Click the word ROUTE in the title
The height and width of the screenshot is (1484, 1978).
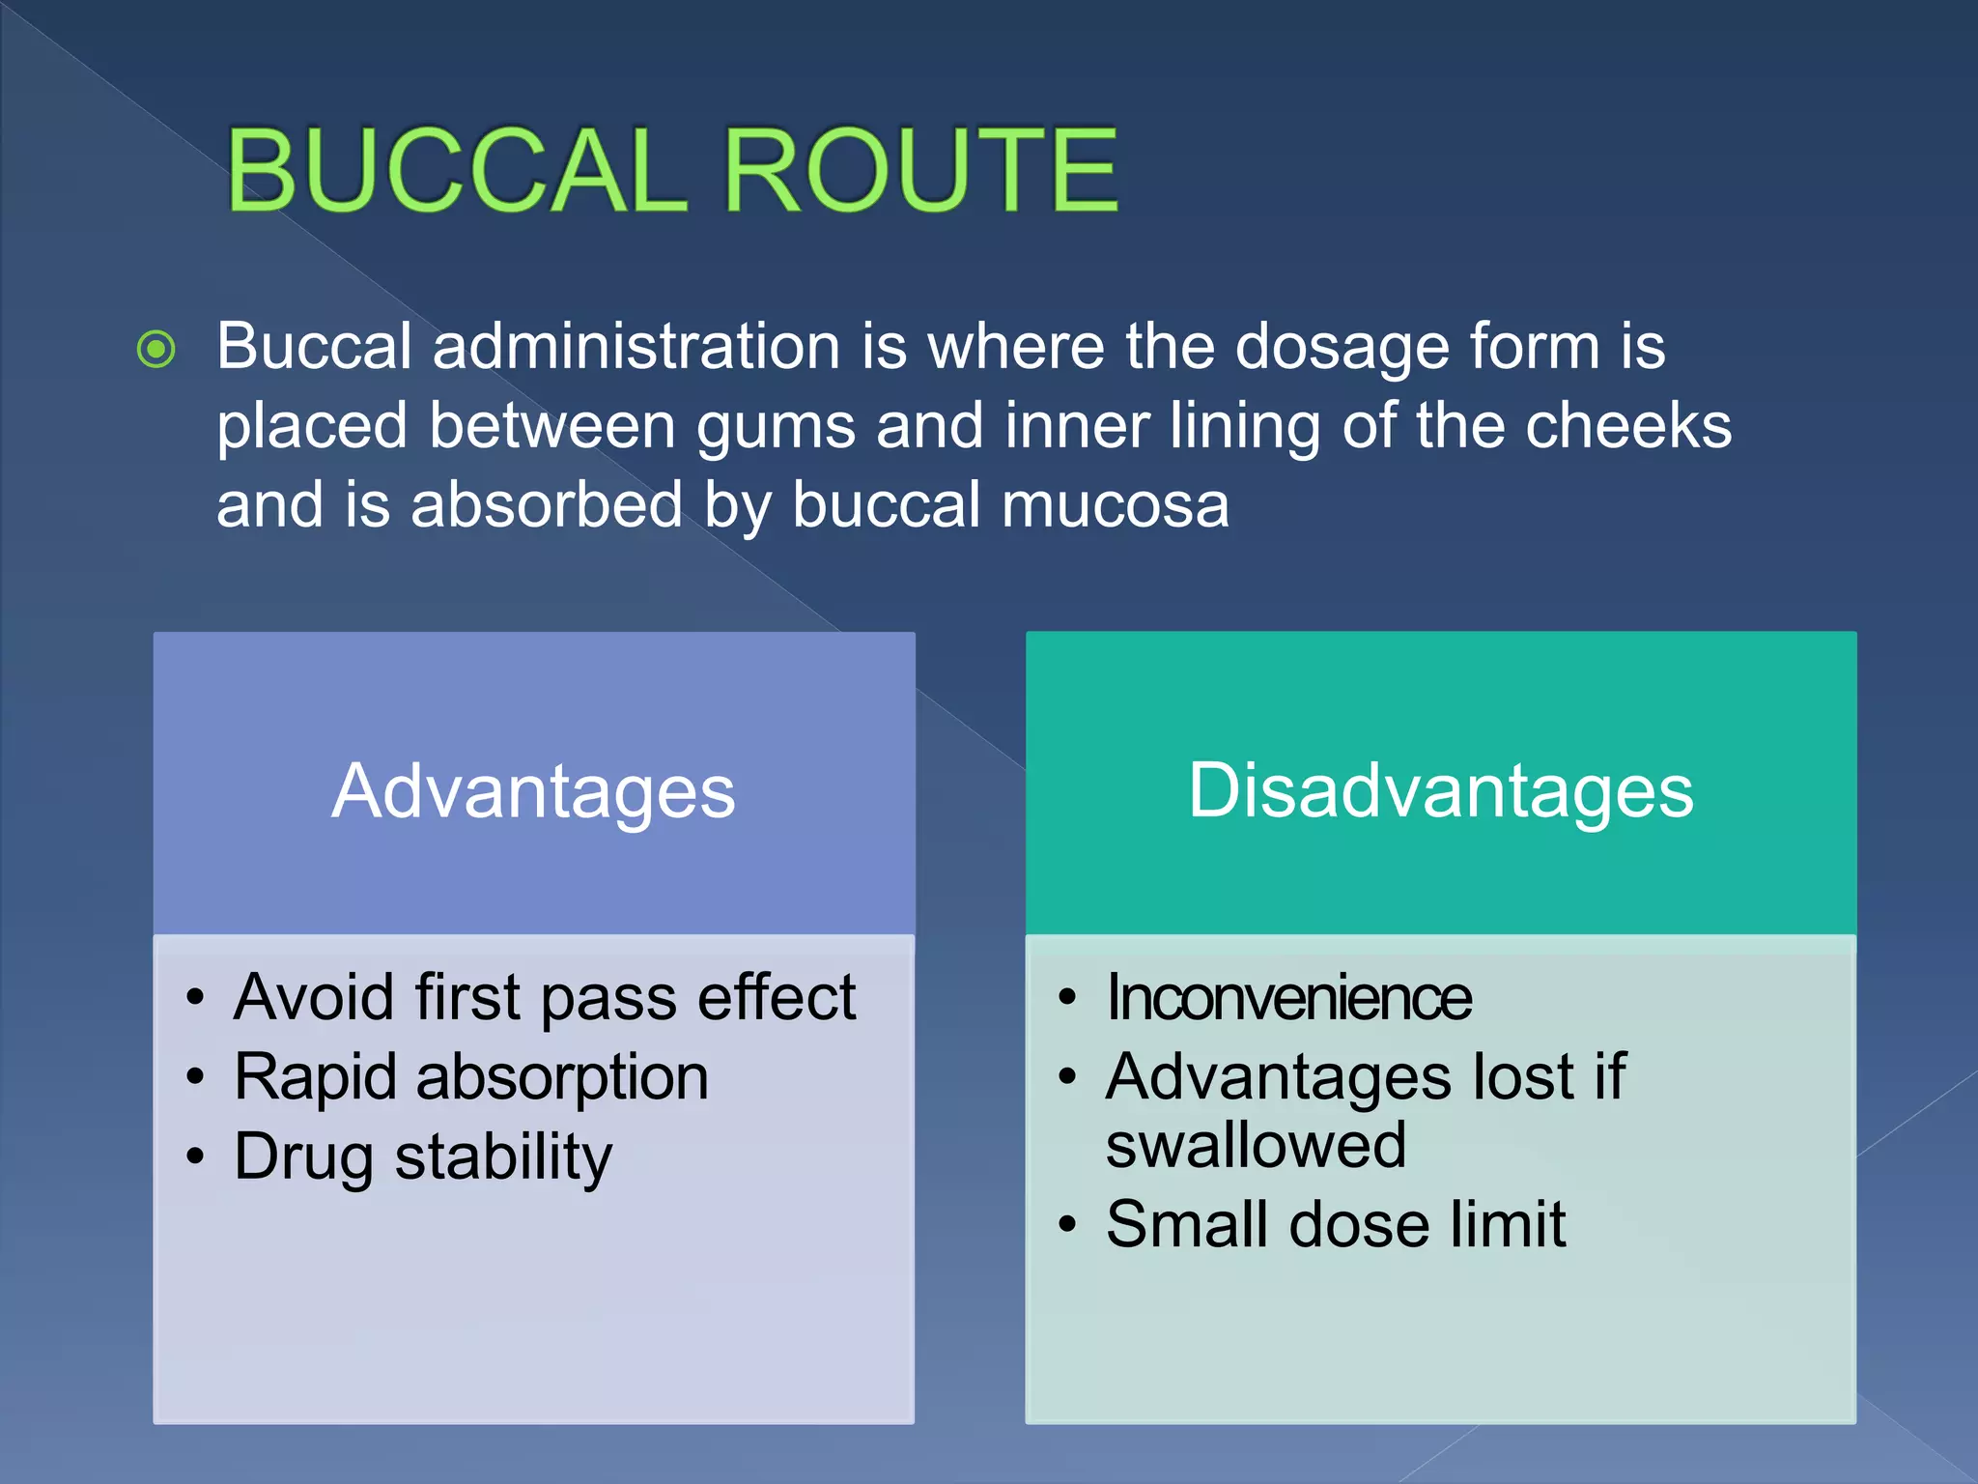[x=920, y=171]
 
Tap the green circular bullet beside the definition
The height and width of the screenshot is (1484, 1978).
[x=156, y=350]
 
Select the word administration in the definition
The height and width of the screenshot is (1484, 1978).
[x=636, y=347]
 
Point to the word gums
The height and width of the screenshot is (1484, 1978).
[x=776, y=427]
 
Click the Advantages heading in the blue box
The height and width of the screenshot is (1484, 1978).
[x=533, y=791]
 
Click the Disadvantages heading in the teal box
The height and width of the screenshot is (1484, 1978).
[x=1440, y=790]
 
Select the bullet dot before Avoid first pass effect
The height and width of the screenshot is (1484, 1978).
[x=196, y=998]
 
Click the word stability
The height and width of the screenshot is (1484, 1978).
[x=503, y=1157]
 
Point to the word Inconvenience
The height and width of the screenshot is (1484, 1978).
[x=1288, y=997]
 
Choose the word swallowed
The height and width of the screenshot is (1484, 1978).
[x=1255, y=1146]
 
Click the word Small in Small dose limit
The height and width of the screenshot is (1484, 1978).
[x=1186, y=1225]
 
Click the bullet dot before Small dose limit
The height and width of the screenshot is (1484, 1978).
[x=1067, y=1225]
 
